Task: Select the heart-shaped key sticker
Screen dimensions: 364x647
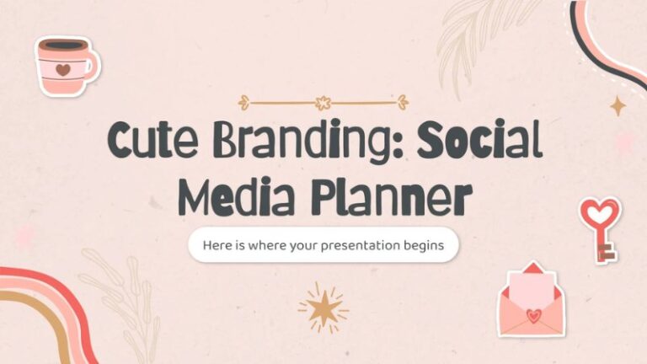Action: [x=601, y=227]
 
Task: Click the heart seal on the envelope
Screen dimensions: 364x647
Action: [x=532, y=316]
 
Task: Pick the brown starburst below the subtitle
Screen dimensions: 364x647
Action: [x=323, y=307]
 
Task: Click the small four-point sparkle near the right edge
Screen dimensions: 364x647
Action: [x=618, y=105]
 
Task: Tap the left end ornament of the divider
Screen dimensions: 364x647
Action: [x=245, y=103]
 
